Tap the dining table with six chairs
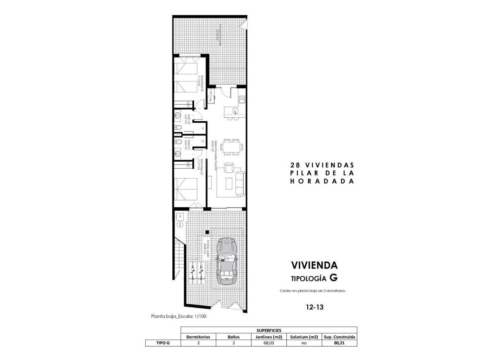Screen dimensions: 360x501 tap(231, 147)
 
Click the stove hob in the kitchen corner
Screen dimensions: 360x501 tap(242, 99)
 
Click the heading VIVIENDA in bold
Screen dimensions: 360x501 tap(314, 265)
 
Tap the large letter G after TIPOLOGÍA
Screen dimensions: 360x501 tap(334, 277)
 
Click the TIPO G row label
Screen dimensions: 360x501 tap(163, 344)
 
